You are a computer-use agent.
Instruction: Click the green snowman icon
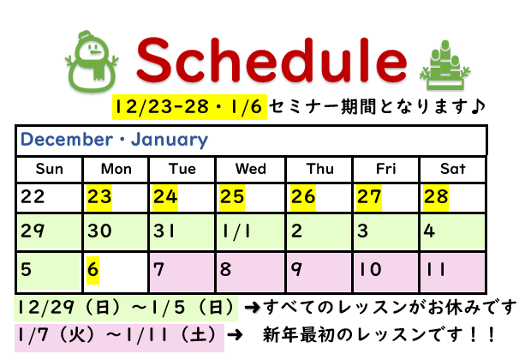[x=92, y=62]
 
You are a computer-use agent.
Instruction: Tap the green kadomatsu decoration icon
[x=445, y=65]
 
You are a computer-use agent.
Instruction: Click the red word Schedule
[x=271, y=60]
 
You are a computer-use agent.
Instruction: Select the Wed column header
[x=251, y=169]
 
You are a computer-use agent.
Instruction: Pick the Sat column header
[x=453, y=169]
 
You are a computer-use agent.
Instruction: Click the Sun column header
[x=50, y=169]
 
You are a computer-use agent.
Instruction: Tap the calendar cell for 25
[x=251, y=198]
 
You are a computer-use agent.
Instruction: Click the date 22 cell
[x=50, y=198]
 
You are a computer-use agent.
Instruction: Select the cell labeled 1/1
[x=251, y=232]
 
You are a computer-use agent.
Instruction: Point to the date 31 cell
[x=182, y=232]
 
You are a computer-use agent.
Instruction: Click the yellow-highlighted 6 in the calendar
[x=92, y=271]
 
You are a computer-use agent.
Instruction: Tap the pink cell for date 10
[x=385, y=272]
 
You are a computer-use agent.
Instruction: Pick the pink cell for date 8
[x=251, y=272]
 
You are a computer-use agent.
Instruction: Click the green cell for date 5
[x=50, y=272]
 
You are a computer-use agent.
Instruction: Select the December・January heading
[x=115, y=140]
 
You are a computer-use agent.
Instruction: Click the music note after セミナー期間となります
[x=478, y=106]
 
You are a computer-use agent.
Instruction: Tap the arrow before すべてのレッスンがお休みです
[x=253, y=308]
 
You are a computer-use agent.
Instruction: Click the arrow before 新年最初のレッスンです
[x=235, y=335]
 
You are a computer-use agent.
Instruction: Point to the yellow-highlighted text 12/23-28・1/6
[x=189, y=107]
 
